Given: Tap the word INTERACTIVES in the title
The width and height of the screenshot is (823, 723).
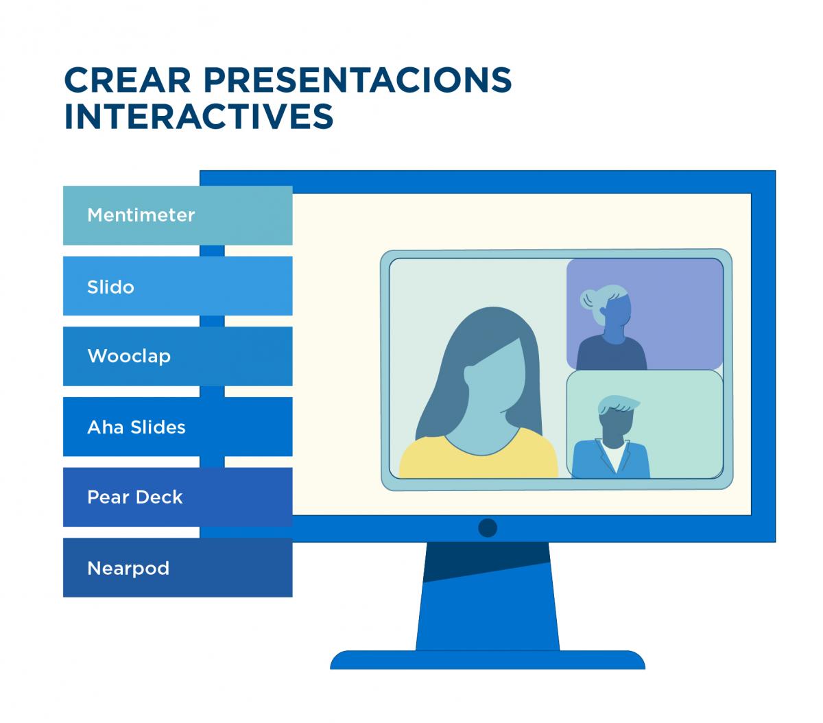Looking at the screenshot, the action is coord(199,116).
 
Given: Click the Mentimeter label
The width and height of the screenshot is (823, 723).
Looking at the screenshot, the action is coord(141,215).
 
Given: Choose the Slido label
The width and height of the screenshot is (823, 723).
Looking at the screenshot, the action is coord(110,287).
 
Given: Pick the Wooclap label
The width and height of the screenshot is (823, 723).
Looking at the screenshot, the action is coord(129,356).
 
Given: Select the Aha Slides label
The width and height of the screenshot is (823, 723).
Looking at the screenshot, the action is coord(136,427).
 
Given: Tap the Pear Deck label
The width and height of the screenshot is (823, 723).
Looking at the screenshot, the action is coord(135,497).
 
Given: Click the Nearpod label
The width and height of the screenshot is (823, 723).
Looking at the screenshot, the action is coord(128,568).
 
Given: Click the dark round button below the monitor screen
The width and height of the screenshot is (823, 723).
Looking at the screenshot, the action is coord(488,528).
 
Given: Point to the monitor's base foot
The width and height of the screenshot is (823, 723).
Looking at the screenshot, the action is coord(488,660).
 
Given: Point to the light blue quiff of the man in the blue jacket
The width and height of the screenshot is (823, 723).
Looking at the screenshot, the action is coord(617,405).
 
